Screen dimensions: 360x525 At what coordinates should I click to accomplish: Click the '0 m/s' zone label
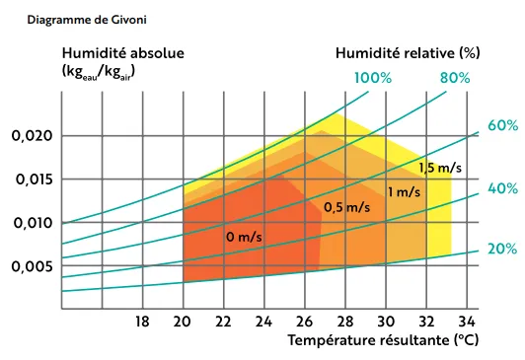point(243,237)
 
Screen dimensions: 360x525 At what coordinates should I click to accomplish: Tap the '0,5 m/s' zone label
point(346,207)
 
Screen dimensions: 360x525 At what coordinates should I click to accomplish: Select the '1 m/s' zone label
point(404,191)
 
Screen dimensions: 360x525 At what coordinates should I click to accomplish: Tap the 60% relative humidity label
point(502,125)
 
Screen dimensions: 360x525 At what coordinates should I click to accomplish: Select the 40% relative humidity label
point(502,187)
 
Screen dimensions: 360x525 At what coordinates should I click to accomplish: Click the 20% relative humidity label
point(502,249)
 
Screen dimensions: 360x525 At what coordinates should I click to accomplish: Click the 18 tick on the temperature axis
point(141,321)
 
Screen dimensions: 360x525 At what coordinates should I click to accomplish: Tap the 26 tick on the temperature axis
point(304,321)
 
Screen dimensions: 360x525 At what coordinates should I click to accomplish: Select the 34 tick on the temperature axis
point(468,321)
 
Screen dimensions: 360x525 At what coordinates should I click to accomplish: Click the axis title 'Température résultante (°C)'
point(383,341)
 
